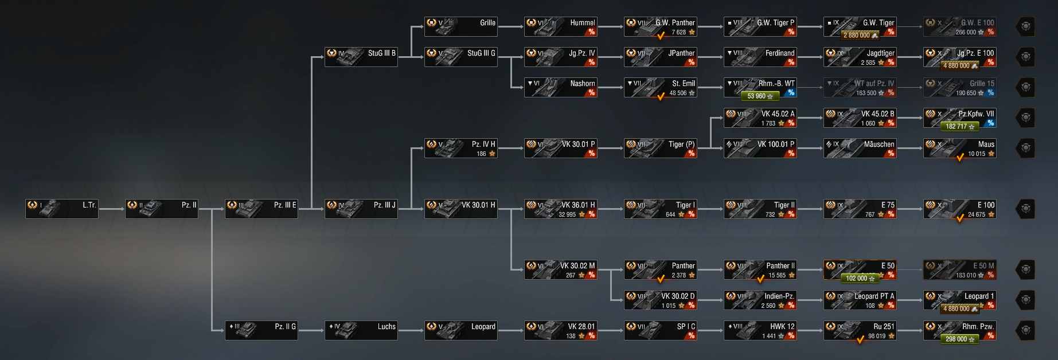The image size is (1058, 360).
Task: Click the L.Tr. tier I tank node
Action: click(62, 209)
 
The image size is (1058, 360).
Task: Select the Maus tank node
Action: click(959, 148)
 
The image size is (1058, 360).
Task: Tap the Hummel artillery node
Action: click(560, 26)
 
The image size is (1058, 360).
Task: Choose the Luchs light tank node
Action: click(361, 330)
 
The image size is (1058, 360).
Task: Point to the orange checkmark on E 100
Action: click(960, 218)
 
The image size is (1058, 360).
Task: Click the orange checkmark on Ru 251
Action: click(860, 339)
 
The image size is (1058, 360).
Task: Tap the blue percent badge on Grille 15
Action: click(990, 92)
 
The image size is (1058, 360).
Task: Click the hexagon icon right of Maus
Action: click(1026, 148)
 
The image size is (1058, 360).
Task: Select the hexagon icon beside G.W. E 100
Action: click(1026, 26)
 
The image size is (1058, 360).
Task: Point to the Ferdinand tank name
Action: click(780, 53)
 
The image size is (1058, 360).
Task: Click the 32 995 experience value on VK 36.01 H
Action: click(567, 214)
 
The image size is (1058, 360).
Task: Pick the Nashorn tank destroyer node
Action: click(560, 87)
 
